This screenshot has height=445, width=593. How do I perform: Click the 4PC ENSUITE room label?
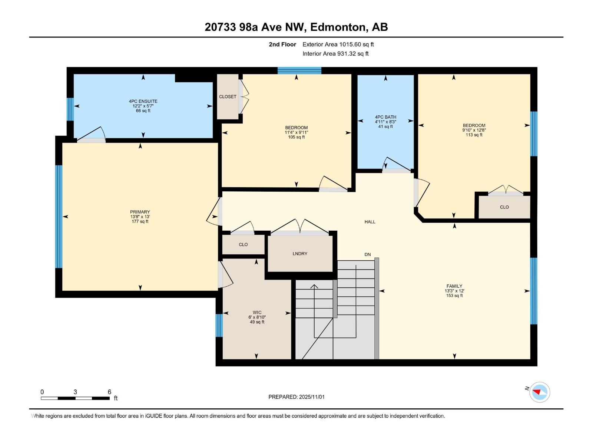point(143,101)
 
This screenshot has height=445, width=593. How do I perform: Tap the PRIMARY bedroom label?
point(140,212)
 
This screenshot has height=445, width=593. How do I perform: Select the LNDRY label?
point(300,254)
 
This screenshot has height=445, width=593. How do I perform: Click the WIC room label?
point(257,313)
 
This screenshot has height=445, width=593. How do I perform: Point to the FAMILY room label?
point(454,286)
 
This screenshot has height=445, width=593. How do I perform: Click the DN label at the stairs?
point(367,254)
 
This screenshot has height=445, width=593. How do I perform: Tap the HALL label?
point(370,222)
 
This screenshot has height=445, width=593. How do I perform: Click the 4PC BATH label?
point(385,117)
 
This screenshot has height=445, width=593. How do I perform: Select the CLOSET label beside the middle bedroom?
point(228,97)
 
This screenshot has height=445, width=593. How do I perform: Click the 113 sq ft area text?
point(474,135)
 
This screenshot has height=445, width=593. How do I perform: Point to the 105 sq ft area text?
point(296,137)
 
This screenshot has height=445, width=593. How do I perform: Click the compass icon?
point(539,392)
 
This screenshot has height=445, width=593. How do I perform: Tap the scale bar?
point(75,398)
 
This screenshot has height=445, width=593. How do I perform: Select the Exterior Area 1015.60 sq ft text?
point(338,44)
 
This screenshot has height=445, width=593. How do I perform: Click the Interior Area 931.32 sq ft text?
point(335,54)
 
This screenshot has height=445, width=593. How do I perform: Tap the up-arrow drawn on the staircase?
point(314,286)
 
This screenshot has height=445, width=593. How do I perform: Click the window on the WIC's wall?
point(219,325)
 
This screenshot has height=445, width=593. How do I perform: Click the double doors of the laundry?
point(300,227)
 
